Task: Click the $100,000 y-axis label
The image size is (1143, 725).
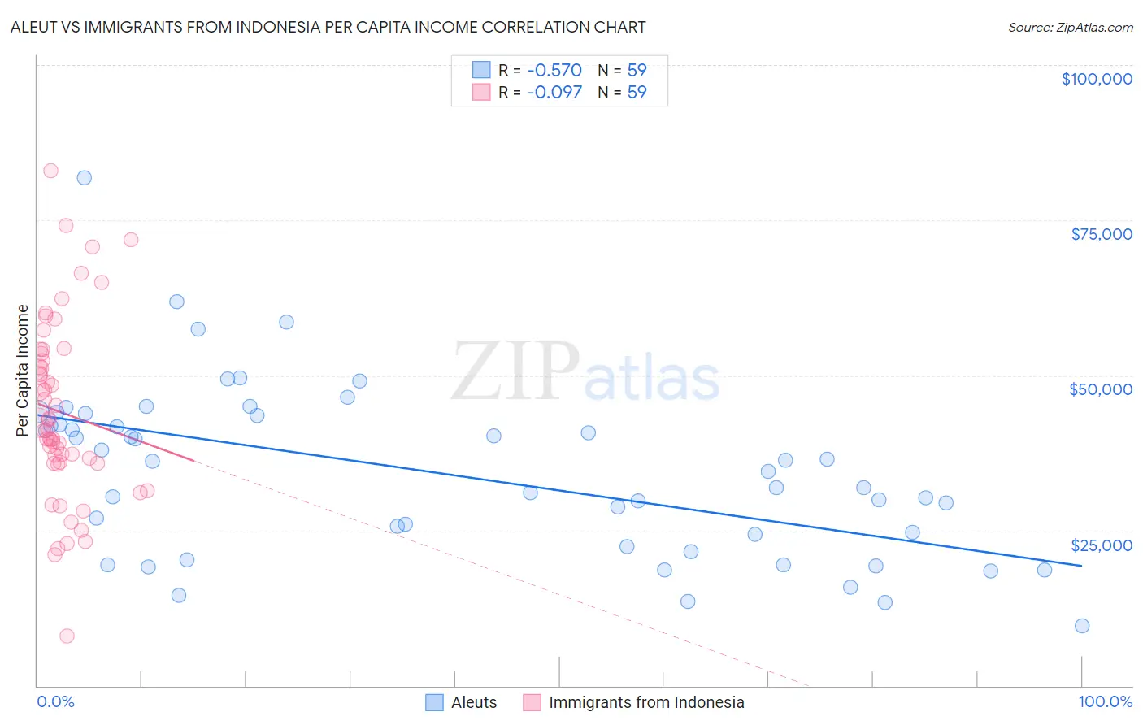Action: [1097, 79]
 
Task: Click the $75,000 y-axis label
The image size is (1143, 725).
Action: [1102, 234]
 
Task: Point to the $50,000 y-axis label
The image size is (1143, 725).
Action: [1101, 389]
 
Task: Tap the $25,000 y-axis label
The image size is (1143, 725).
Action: [1102, 545]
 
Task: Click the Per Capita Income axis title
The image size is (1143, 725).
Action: [23, 370]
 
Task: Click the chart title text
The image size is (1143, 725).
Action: [328, 27]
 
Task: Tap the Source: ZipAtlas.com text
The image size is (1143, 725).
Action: [1070, 28]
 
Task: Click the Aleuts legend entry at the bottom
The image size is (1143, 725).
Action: [474, 702]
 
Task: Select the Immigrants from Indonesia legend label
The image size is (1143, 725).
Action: [646, 702]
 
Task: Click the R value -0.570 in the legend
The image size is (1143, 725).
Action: [554, 71]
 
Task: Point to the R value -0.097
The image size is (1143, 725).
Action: [554, 93]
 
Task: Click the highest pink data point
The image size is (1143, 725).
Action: [50, 171]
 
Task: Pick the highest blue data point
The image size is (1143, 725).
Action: [85, 178]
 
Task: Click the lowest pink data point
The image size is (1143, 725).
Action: [67, 636]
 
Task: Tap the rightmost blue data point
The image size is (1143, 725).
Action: [1082, 626]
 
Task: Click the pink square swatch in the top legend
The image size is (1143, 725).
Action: [481, 92]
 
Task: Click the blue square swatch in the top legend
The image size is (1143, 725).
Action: [481, 70]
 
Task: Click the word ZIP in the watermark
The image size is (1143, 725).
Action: [515, 372]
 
